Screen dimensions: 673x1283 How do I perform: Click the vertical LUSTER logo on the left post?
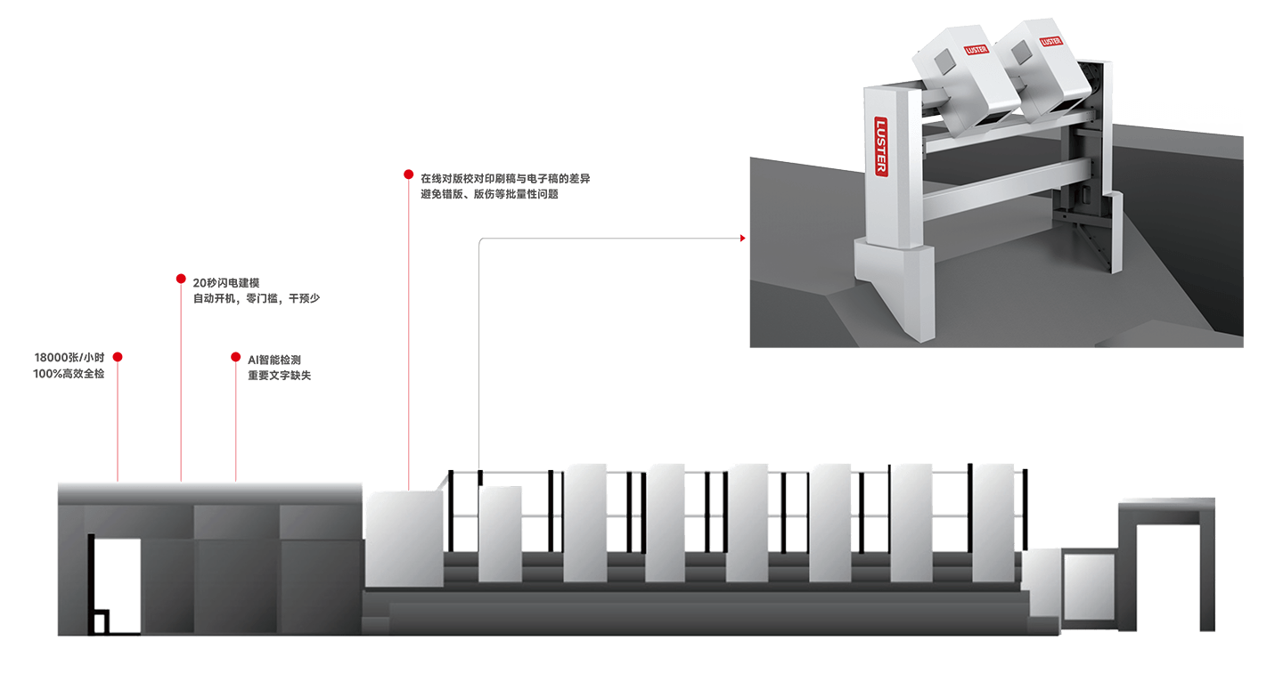[x=881, y=147]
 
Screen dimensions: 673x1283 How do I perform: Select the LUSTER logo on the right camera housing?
[x=1050, y=40]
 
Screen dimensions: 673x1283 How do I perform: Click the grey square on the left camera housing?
[x=940, y=61]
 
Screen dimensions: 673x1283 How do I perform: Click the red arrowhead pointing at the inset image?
[x=742, y=239]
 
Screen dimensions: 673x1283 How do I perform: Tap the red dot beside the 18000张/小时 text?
[x=118, y=357]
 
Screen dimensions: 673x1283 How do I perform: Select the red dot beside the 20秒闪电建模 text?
[x=181, y=279]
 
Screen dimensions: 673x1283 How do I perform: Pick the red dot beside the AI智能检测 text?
[x=236, y=357]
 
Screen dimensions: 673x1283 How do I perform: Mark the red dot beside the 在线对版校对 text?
[x=408, y=174]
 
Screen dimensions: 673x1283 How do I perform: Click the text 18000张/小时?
[x=69, y=358]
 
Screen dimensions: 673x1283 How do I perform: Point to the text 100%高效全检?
[x=69, y=374]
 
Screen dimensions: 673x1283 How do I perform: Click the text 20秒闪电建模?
[x=226, y=283]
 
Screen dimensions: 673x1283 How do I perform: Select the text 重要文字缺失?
[x=279, y=376]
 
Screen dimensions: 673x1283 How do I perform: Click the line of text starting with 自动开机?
[x=256, y=299]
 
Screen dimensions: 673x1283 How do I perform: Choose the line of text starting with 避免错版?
[x=489, y=194]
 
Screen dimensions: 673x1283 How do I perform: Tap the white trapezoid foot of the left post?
[x=895, y=285]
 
